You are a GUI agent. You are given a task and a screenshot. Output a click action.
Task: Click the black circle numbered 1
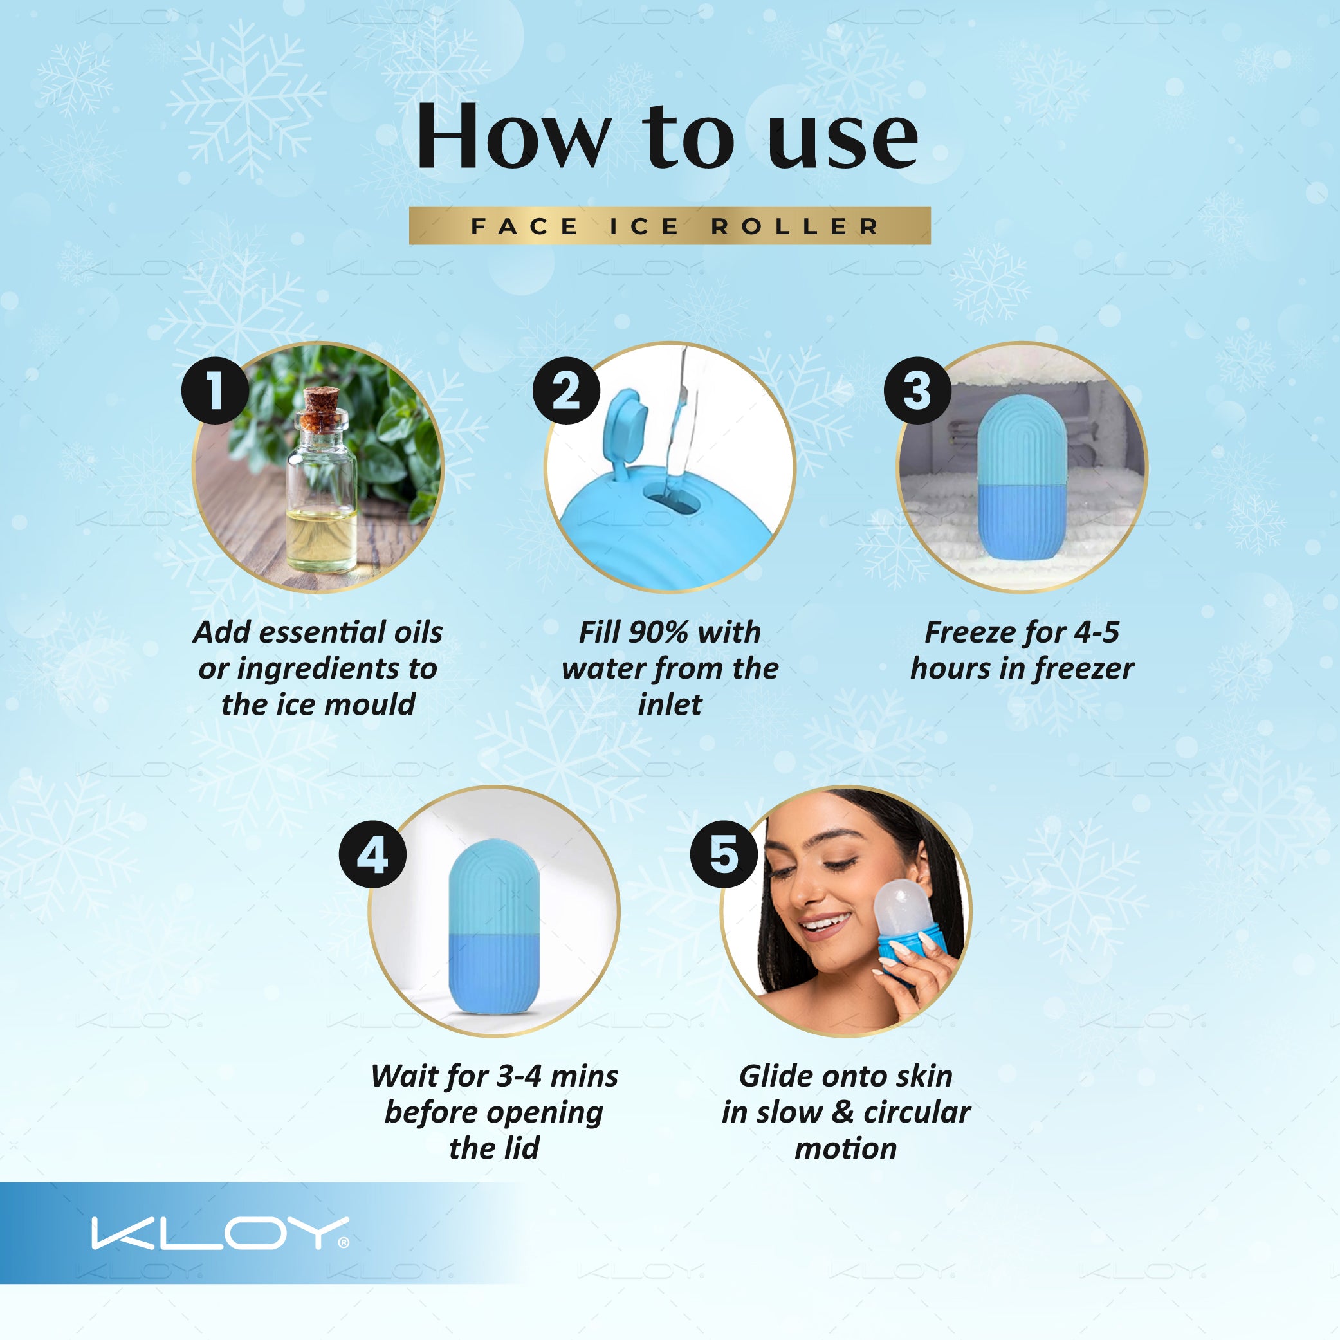coord(215,390)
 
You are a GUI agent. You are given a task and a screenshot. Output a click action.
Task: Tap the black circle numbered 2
coord(566,390)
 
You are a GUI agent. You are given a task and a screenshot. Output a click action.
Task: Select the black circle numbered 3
coord(917,390)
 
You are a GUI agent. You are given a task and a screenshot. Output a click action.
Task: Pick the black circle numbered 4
coord(372,854)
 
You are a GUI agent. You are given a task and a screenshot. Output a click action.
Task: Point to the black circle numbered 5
coord(724,854)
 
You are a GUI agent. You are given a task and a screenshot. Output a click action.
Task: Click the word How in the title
coord(513,136)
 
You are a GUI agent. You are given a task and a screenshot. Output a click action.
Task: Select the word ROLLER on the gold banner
coord(796,226)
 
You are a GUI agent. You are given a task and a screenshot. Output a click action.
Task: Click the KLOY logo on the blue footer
coord(220,1233)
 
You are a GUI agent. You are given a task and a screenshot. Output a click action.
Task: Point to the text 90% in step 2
coord(658,632)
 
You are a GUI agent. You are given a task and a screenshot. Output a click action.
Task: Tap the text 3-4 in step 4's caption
coord(519,1076)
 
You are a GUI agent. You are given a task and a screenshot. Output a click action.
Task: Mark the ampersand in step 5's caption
coord(842,1112)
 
